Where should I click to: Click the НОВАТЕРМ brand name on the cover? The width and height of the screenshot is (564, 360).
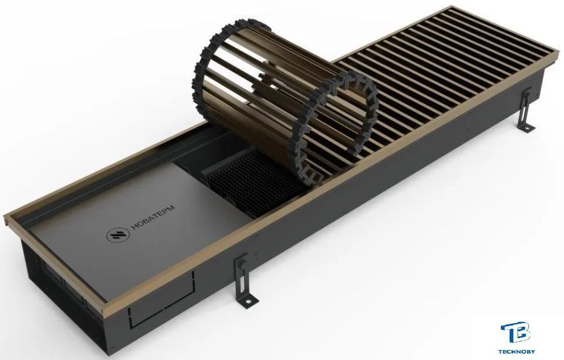pyautogui.click(x=153, y=217)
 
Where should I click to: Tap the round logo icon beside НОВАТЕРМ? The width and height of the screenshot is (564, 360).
pyautogui.click(x=118, y=235)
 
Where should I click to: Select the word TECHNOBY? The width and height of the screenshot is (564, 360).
pyautogui.click(x=516, y=351)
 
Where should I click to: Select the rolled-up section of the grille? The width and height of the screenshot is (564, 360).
pyautogui.click(x=284, y=101)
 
